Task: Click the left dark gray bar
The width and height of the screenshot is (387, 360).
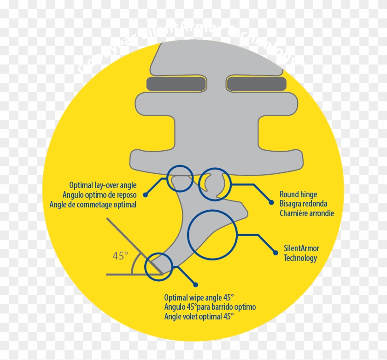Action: [176, 84]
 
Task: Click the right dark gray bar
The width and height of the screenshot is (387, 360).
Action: [258, 84]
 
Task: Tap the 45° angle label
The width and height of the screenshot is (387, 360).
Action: [120, 255]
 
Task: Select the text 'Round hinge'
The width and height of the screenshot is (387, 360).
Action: [298, 195]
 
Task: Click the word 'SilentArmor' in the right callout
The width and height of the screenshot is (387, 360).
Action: [301, 248]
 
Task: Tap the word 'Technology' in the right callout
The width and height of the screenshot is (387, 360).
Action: [300, 258]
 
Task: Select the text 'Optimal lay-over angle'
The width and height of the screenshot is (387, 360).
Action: [103, 185]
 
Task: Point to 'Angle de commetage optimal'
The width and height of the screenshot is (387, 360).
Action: [93, 204]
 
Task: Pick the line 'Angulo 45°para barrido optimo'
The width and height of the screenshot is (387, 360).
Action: [210, 307]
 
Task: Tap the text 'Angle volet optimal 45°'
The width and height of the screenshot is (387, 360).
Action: [199, 316]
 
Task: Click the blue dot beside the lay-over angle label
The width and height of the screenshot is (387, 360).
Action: [146, 195]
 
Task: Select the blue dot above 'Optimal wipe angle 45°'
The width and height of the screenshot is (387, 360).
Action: [195, 284]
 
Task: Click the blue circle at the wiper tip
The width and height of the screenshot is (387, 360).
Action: [158, 266]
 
